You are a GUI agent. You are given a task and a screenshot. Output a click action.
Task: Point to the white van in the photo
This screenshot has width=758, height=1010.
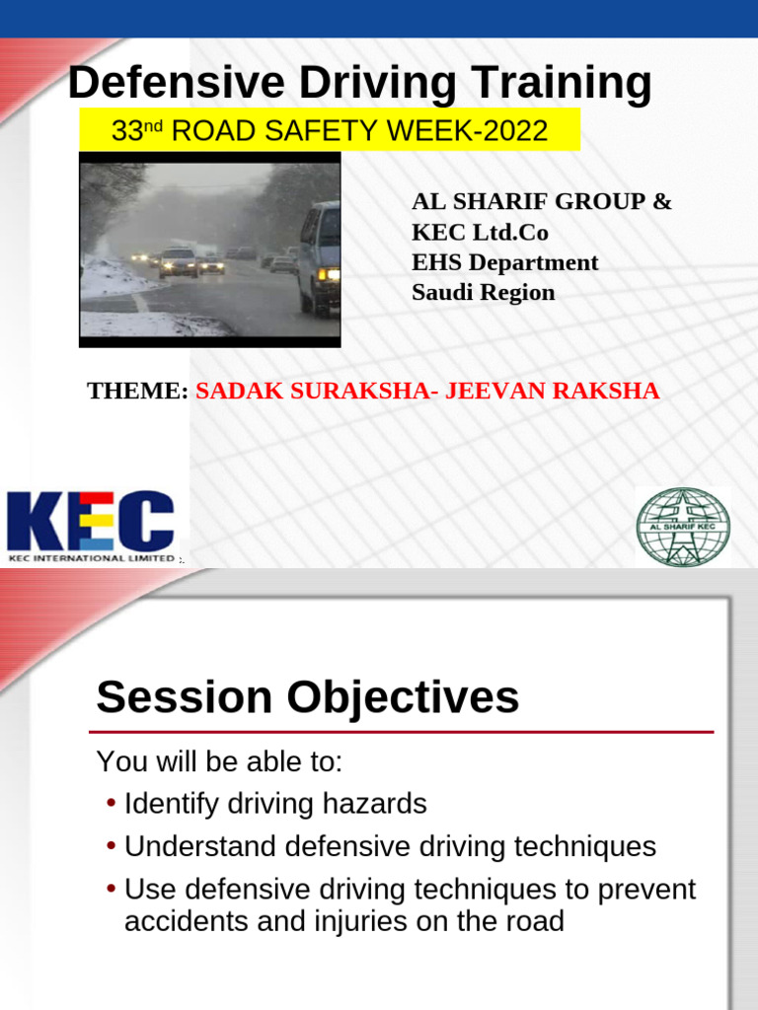click(319, 257)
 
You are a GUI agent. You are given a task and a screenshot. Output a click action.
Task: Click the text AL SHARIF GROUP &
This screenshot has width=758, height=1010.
click(541, 202)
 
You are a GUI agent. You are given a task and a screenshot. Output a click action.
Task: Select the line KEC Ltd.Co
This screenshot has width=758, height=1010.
click(480, 233)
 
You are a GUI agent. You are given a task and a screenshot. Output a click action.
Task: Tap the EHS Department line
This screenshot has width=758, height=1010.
click(504, 262)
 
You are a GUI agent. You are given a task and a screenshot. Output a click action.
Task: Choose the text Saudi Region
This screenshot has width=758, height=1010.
click(483, 293)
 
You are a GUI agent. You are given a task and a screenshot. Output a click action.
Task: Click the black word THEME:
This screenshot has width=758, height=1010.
click(137, 391)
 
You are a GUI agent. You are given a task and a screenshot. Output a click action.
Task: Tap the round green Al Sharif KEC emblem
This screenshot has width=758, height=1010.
click(683, 528)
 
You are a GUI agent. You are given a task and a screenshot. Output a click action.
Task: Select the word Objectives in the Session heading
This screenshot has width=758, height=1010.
click(403, 698)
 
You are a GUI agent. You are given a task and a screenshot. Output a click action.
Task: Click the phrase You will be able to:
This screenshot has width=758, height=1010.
click(219, 761)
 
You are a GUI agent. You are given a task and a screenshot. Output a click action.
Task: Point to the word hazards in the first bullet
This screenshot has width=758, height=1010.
click(380, 804)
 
